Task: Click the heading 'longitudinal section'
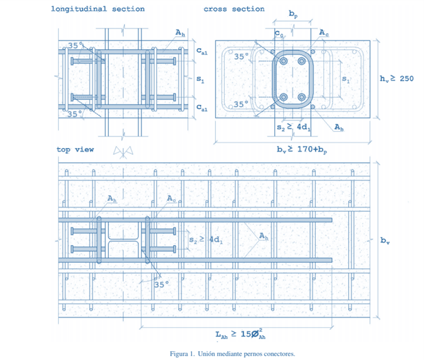98,9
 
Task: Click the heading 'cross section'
234,9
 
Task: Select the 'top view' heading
75,149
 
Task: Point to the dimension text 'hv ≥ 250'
396,79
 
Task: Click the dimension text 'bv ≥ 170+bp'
301,149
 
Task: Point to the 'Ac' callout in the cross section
324,33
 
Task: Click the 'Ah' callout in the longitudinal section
180,33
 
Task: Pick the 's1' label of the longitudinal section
200,80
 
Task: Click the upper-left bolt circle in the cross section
284,61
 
